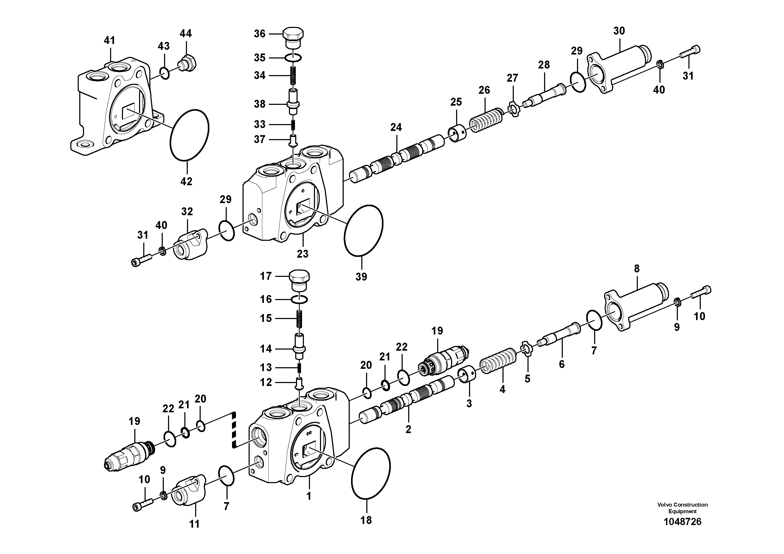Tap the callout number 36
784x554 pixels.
(x=259, y=34)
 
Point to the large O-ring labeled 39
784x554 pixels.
(x=364, y=235)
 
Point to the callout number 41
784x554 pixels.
(x=109, y=41)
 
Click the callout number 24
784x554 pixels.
(x=396, y=128)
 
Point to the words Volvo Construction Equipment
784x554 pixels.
(x=682, y=508)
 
